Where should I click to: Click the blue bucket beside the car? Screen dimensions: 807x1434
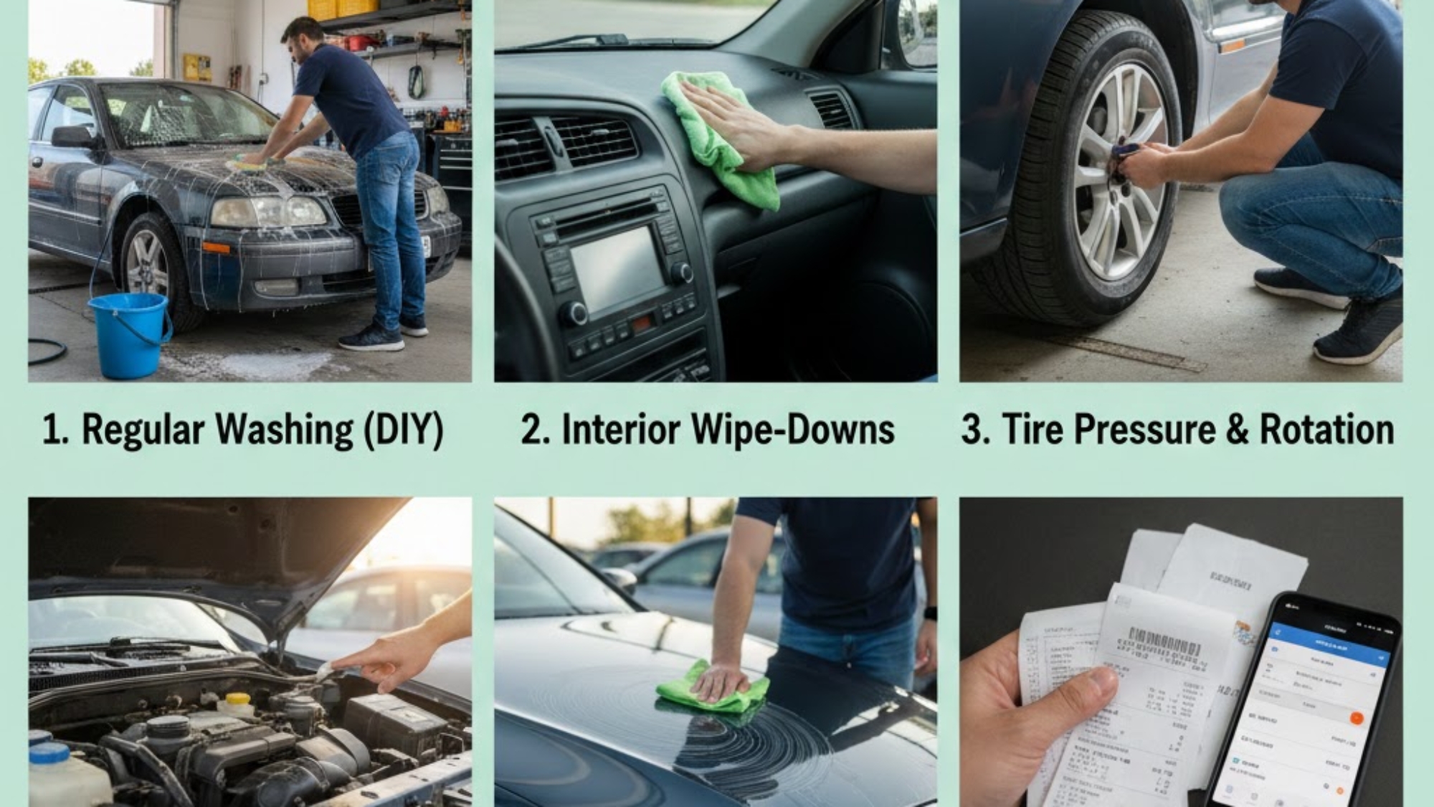point(129,334)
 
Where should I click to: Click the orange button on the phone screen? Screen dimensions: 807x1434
point(1354,718)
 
